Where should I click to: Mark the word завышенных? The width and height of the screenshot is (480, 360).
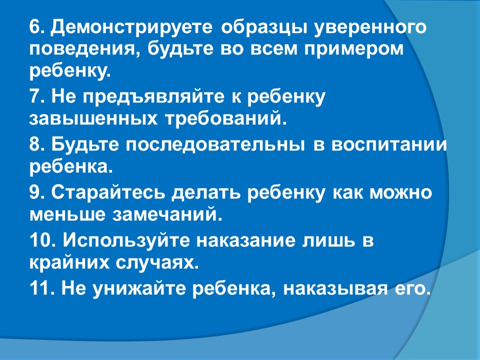[93, 119]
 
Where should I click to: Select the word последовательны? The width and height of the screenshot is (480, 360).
[215, 145]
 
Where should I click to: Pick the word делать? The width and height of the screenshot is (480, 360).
[206, 193]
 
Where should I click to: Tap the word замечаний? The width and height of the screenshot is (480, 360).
[166, 214]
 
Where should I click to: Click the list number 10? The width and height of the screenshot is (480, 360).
[42, 240]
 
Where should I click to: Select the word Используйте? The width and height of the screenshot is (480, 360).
[126, 240]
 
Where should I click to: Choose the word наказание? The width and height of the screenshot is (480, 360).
[246, 240]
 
